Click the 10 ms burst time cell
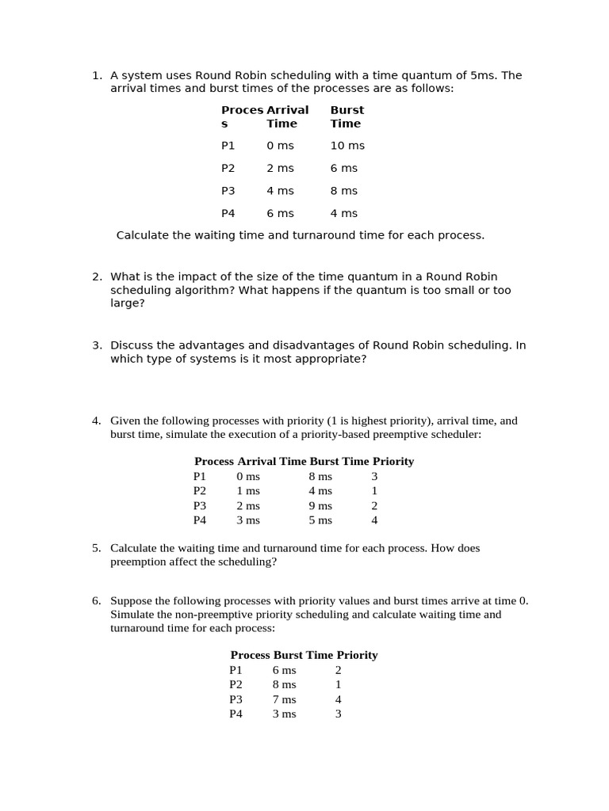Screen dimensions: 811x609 [x=347, y=146]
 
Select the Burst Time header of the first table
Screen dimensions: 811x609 [x=347, y=116]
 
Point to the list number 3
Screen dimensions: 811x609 [x=97, y=345]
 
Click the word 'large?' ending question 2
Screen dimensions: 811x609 [x=128, y=303]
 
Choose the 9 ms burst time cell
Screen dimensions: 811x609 [x=320, y=505]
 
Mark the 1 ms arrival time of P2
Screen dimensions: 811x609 [x=248, y=491]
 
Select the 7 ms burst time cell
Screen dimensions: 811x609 [x=284, y=699]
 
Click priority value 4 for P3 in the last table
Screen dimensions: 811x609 [x=338, y=699]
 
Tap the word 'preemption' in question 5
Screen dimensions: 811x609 [x=138, y=562]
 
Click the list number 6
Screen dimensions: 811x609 [x=97, y=600]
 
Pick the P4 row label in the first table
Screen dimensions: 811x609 [x=228, y=213]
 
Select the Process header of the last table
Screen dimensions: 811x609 [x=250, y=655]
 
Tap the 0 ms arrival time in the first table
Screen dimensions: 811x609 [x=280, y=146]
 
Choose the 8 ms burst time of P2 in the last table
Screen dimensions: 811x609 [x=284, y=684]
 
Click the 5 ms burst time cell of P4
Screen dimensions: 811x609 [x=320, y=520]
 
